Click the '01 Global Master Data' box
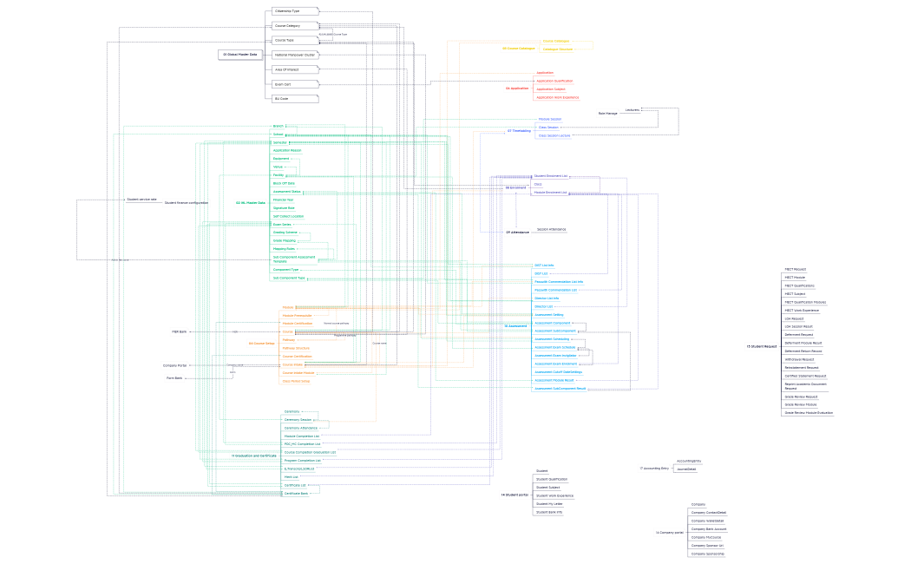pos(241,55)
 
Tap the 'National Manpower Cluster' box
pos(294,55)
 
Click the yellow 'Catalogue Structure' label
pos(557,49)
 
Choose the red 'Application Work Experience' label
pos(557,97)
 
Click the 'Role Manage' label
pos(607,114)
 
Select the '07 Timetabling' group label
pos(519,131)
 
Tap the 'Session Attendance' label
pos(551,229)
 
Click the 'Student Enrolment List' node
pos(550,176)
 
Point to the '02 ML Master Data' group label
pos(250,203)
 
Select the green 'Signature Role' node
pos(285,208)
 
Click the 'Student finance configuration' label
pos(187,202)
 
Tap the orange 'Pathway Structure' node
pos(297,348)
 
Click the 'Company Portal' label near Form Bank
pos(176,365)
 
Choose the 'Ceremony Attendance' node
pos(301,428)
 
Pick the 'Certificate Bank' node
pos(296,493)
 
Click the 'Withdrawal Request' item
pos(798,359)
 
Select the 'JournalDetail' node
pos(686,469)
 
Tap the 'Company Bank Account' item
pos(708,528)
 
